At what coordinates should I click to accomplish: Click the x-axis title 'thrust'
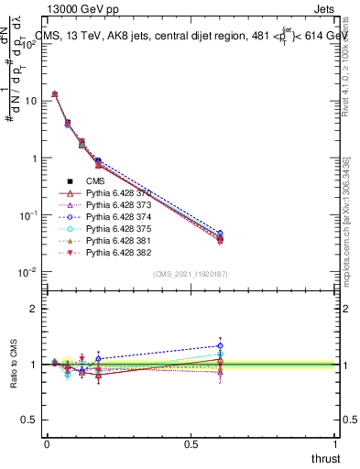325,459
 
